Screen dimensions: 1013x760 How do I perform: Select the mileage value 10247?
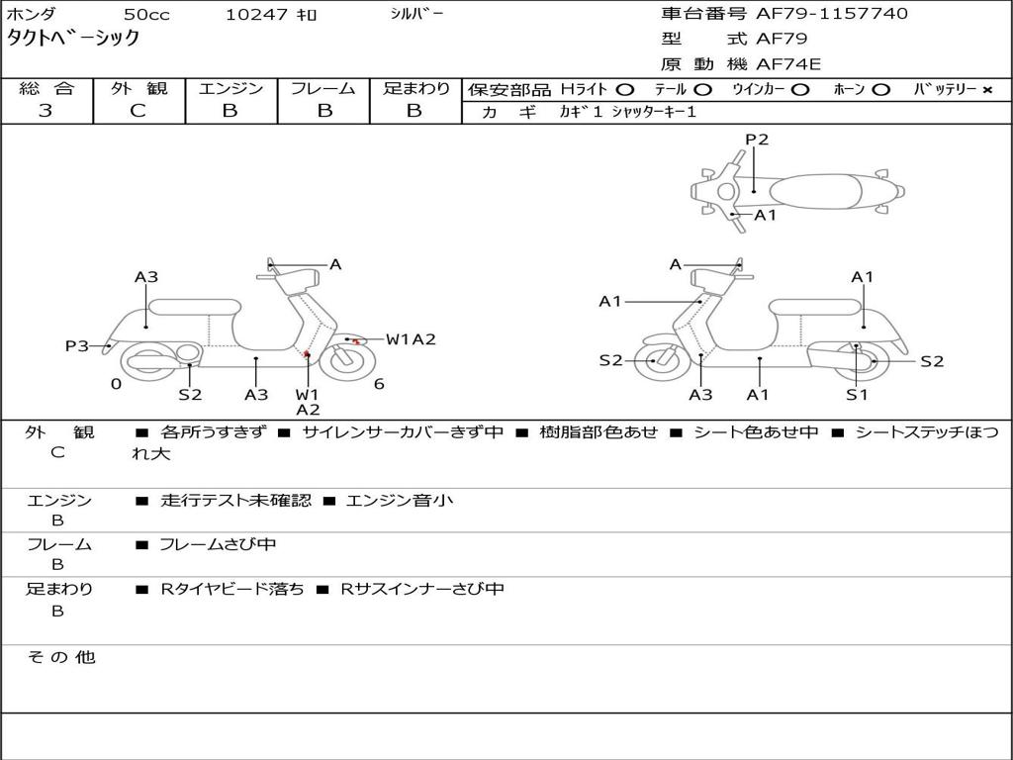257,15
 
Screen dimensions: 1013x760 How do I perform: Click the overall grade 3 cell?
46,111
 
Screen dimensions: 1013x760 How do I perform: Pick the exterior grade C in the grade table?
138,111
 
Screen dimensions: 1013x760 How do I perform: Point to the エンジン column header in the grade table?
230,88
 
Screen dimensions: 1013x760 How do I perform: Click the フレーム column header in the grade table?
322,88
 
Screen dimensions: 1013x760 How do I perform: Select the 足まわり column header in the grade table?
415,88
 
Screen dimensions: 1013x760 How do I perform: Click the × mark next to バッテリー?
987,89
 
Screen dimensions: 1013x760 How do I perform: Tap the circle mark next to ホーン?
880,89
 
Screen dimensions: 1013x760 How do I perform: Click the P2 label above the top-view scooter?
757,140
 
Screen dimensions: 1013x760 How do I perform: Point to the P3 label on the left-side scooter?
77,345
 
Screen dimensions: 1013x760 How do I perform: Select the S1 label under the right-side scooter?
857,394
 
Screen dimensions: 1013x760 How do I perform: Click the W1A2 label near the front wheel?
411,339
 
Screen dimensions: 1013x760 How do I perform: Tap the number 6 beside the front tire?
379,384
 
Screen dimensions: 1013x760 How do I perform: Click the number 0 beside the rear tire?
116,384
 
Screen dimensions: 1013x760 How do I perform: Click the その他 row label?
60,657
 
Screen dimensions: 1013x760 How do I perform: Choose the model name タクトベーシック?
73,39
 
